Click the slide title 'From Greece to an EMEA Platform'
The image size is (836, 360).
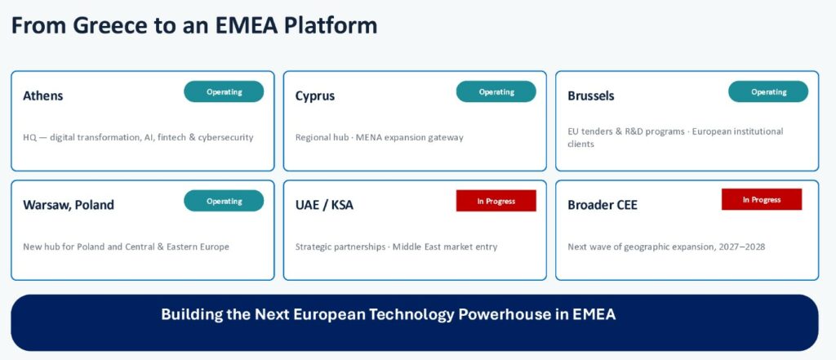(194, 25)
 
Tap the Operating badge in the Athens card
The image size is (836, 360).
(224, 91)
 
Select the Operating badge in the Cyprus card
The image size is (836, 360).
(496, 91)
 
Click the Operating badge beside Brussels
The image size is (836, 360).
(768, 91)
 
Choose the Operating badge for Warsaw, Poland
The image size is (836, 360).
(224, 201)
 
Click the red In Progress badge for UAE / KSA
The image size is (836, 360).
(496, 201)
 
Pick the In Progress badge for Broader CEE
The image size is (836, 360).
(762, 199)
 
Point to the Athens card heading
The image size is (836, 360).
(42, 96)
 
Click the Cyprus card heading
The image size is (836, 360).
(315, 96)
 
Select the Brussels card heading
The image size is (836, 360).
(591, 96)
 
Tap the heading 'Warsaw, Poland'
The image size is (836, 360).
(69, 206)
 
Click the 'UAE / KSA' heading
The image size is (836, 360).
(324, 206)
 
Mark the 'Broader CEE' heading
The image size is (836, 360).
(603, 206)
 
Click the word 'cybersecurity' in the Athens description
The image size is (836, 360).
(225, 138)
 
